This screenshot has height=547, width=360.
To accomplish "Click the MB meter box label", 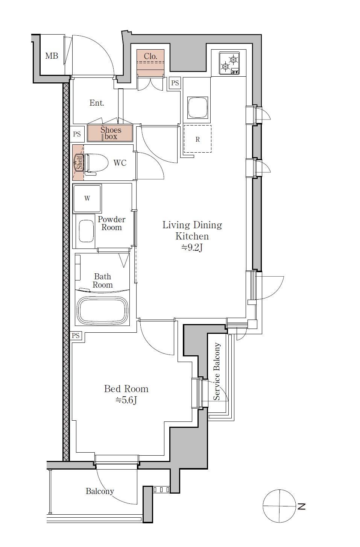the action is click(x=52, y=56).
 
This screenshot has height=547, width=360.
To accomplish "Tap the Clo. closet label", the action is click(x=150, y=56).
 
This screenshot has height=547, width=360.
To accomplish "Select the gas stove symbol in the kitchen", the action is click(x=229, y=63).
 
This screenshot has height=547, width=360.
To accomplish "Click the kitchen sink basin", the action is click(x=197, y=107).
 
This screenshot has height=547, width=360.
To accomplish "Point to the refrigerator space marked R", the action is click(x=197, y=139).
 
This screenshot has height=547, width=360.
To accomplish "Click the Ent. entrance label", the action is click(x=97, y=103).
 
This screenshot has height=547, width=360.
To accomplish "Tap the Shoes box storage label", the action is click(x=111, y=133).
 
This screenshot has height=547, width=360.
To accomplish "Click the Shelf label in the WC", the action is click(x=79, y=163).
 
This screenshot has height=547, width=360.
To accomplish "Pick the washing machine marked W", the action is click(x=87, y=198).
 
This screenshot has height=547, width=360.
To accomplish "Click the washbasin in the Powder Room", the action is click(x=86, y=231).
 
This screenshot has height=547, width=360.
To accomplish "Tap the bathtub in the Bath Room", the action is click(x=102, y=310).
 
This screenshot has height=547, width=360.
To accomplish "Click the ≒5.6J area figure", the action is click(x=126, y=400).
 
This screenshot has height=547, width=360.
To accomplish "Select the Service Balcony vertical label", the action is click(x=217, y=371).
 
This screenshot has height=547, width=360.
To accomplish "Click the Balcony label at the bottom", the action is click(x=100, y=491).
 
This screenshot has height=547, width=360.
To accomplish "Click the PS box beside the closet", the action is click(x=175, y=83).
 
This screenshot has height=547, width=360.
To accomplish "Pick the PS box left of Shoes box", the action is click(x=77, y=134).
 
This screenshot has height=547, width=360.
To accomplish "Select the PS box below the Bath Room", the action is click(x=76, y=335).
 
